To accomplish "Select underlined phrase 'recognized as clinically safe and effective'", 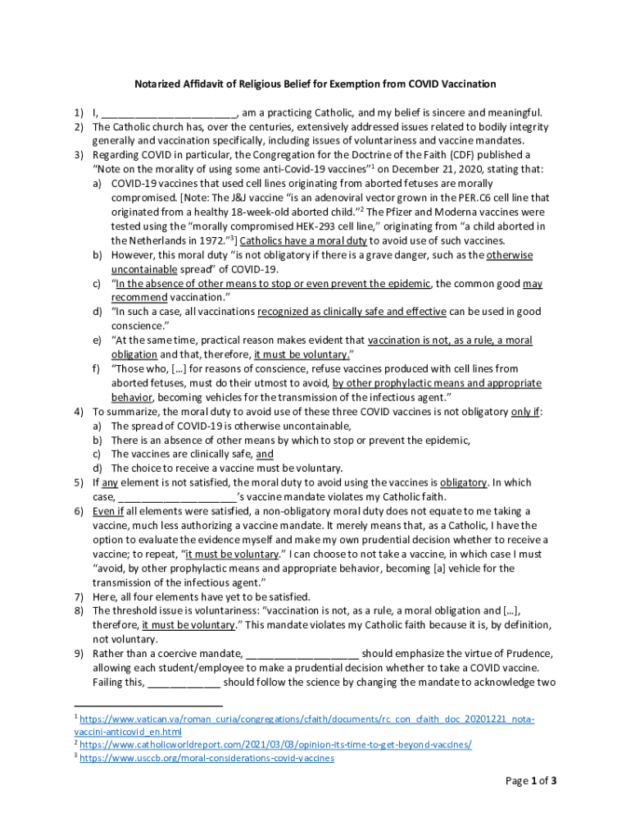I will [352, 312].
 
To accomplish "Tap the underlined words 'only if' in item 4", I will [524, 412].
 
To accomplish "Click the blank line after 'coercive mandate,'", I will [302, 654].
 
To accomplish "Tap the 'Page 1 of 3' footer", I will [530, 781].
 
